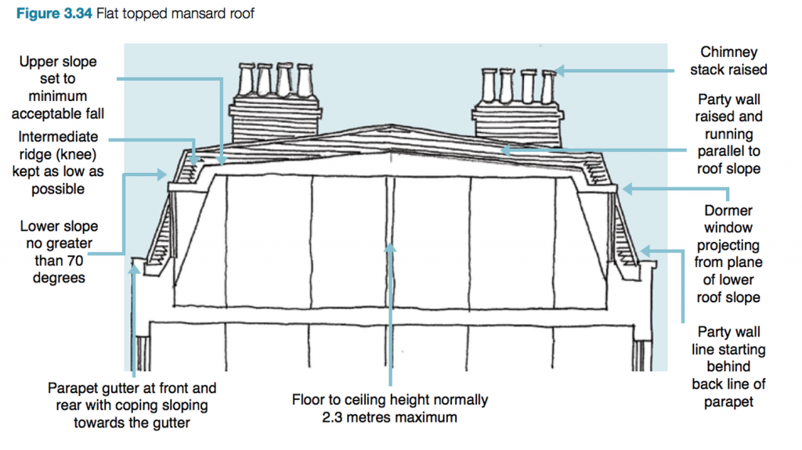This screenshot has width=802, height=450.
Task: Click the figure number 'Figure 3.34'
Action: [x=52, y=13]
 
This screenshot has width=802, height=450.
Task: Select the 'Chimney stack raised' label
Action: [x=728, y=61]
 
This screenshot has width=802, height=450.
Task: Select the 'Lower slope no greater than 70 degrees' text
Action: [x=59, y=252]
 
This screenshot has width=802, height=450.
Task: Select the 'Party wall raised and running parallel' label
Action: [x=728, y=135]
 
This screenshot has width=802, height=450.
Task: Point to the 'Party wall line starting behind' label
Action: [x=728, y=366]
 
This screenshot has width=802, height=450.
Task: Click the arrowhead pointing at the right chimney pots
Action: [x=558, y=71]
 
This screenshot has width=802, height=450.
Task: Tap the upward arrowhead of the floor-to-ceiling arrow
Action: [x=389, y=248]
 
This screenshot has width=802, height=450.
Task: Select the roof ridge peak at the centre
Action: [x=389, y=151]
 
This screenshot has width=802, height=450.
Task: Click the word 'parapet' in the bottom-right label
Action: [x=728, y=401]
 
